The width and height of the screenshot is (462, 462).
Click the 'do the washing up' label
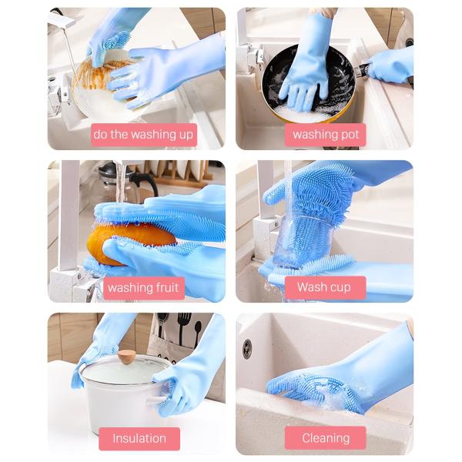(x=144, y=135)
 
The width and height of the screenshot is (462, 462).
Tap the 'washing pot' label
(x=325, y=135)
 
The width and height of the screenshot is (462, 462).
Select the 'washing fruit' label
(x=144, y=287)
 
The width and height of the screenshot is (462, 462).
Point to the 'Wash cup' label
(x=325, y=287)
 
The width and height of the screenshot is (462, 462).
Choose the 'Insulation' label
(x=139, y=439)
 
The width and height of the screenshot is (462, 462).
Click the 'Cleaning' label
(x=325, y=438)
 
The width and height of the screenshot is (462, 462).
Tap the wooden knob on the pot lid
(x=127, y=357)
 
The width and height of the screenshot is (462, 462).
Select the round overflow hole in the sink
(x=247, y=349)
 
